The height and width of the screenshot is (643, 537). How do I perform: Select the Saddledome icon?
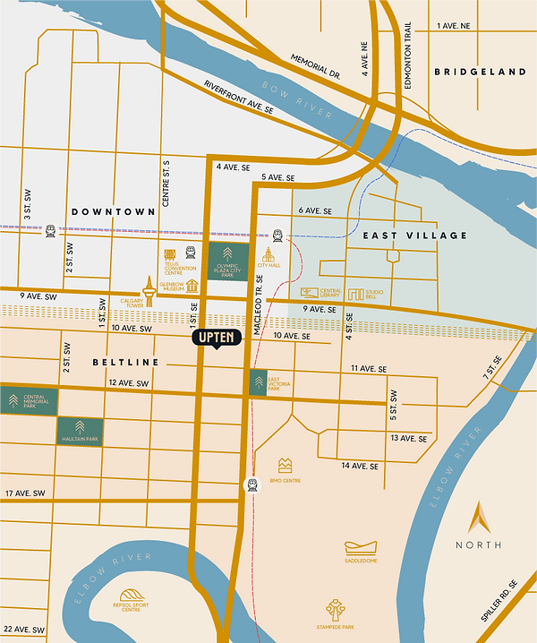362,547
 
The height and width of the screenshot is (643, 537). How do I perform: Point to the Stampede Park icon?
337,611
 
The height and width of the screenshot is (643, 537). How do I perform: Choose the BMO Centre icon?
286,466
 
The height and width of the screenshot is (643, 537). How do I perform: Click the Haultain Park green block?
80,432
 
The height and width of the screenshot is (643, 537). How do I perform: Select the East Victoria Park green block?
259,382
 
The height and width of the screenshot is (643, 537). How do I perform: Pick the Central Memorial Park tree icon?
14,399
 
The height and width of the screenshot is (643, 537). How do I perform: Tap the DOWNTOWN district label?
114,212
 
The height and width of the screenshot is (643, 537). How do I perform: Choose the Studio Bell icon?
356,294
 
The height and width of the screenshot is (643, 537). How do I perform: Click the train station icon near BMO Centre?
253,484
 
